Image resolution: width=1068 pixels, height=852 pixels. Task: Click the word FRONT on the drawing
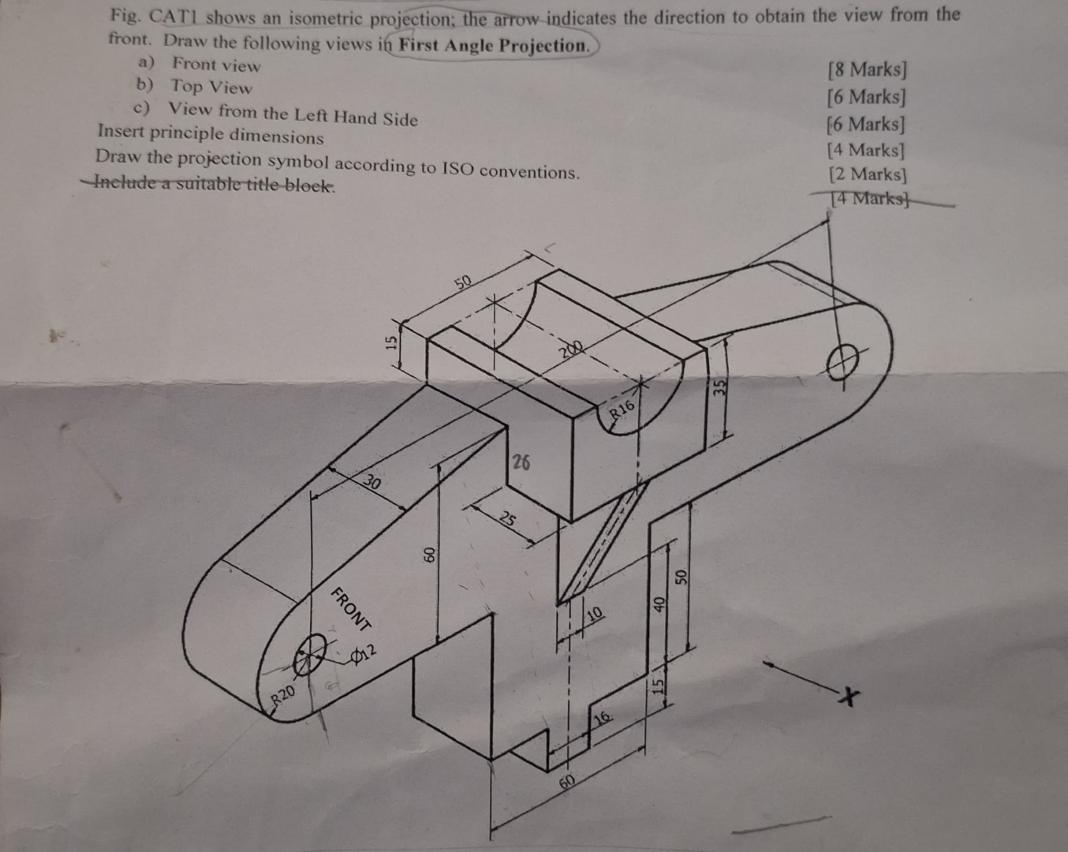[350, 609]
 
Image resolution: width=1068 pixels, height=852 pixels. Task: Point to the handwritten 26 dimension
[521, 462]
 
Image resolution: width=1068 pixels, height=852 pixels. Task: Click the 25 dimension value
[508, 519]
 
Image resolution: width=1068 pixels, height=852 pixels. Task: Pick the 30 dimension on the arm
[372, 481]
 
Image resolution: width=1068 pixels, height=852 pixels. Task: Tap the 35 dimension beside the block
[719, 387]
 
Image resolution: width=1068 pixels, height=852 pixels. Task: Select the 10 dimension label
[594, 613]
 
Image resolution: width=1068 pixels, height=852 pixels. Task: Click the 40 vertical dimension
[659, 603]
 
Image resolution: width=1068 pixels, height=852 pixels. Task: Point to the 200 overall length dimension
[571, 349]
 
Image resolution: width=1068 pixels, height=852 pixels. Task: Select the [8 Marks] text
[867, 69]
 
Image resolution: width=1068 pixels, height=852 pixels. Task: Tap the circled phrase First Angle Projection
[494, 45]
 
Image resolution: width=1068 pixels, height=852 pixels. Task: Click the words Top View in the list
[211, 87]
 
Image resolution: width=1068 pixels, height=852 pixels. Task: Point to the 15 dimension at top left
[390, 342]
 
